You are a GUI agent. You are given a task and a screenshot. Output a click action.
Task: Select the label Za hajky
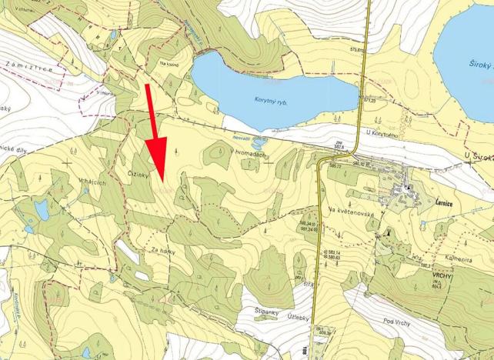[162, 250]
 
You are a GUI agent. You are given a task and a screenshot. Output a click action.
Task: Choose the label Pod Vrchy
[397, 322]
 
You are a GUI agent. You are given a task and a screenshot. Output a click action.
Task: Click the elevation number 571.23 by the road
[369, 100]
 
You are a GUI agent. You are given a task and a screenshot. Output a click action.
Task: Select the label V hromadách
[249, 153]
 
